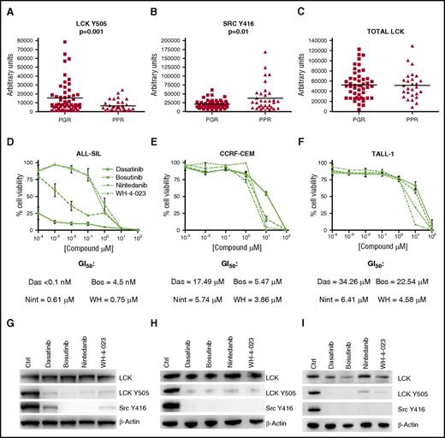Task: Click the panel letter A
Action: coord(6,7)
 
